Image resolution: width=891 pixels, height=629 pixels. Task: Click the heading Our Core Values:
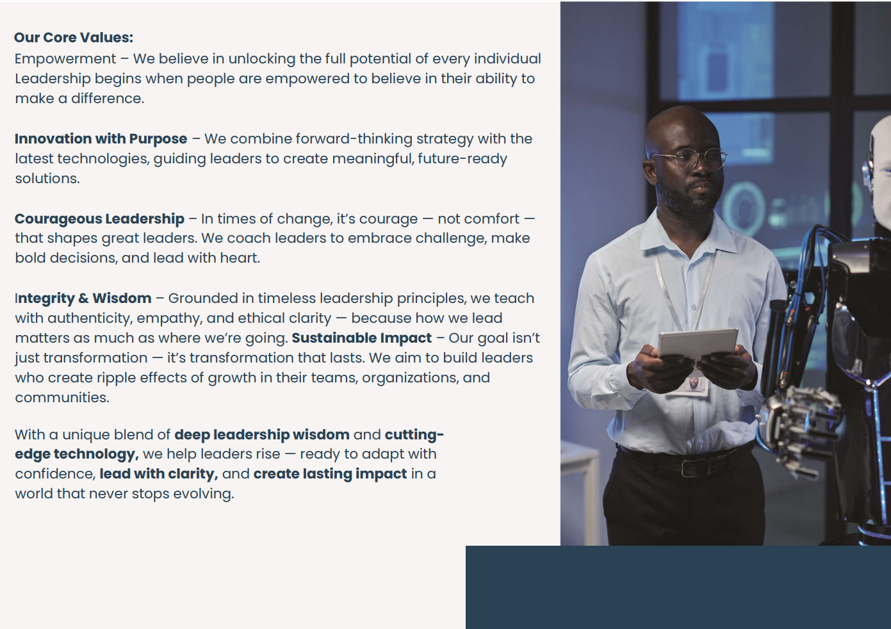point(74,37)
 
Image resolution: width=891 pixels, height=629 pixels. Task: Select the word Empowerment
point(65,59)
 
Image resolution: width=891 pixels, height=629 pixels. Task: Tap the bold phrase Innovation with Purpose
point(101,139)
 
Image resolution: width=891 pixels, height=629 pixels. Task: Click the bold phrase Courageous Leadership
point(99,219)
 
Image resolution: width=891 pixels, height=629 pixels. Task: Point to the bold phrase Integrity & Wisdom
point(83,298)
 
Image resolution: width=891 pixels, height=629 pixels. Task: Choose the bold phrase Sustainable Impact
point(361,338)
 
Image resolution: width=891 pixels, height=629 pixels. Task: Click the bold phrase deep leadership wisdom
point(262,434)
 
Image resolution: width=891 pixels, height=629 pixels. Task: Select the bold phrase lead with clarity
point(158,474)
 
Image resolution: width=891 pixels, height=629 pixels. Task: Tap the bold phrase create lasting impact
point(330,474)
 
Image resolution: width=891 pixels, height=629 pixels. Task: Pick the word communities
point(62,398)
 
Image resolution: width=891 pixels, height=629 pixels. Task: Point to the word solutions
point(47,178)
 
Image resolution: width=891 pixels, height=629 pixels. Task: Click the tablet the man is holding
point(698,343)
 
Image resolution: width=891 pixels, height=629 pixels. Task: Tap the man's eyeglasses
point(688,158)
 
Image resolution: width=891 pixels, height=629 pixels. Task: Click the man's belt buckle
point(692,468)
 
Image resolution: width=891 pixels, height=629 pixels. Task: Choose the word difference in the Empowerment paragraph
point(108,98)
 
